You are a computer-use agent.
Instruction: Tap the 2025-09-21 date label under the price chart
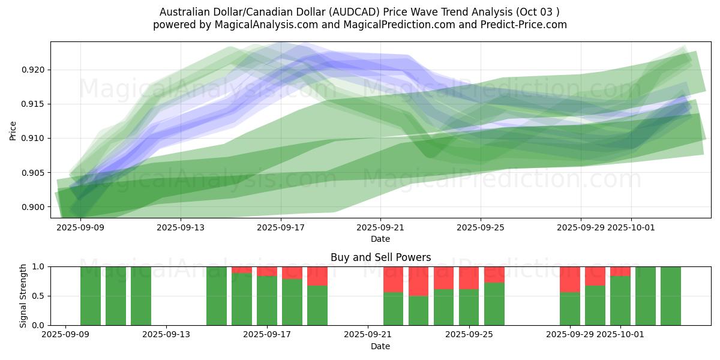point(380,228)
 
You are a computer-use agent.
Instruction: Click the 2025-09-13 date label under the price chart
point(181,228)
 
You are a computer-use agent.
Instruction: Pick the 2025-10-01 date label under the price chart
point(631,228)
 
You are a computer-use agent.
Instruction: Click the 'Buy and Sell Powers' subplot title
point(380,257)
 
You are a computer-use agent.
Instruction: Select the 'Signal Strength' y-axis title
point(23,296)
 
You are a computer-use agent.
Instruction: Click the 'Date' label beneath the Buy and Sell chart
point(380,346)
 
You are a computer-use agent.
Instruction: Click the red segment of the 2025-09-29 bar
point(570,279)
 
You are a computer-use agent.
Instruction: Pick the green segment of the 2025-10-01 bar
point(620,300)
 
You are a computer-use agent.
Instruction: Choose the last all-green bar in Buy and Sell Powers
point(671,296)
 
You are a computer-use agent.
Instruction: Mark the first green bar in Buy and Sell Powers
point(91,296)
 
